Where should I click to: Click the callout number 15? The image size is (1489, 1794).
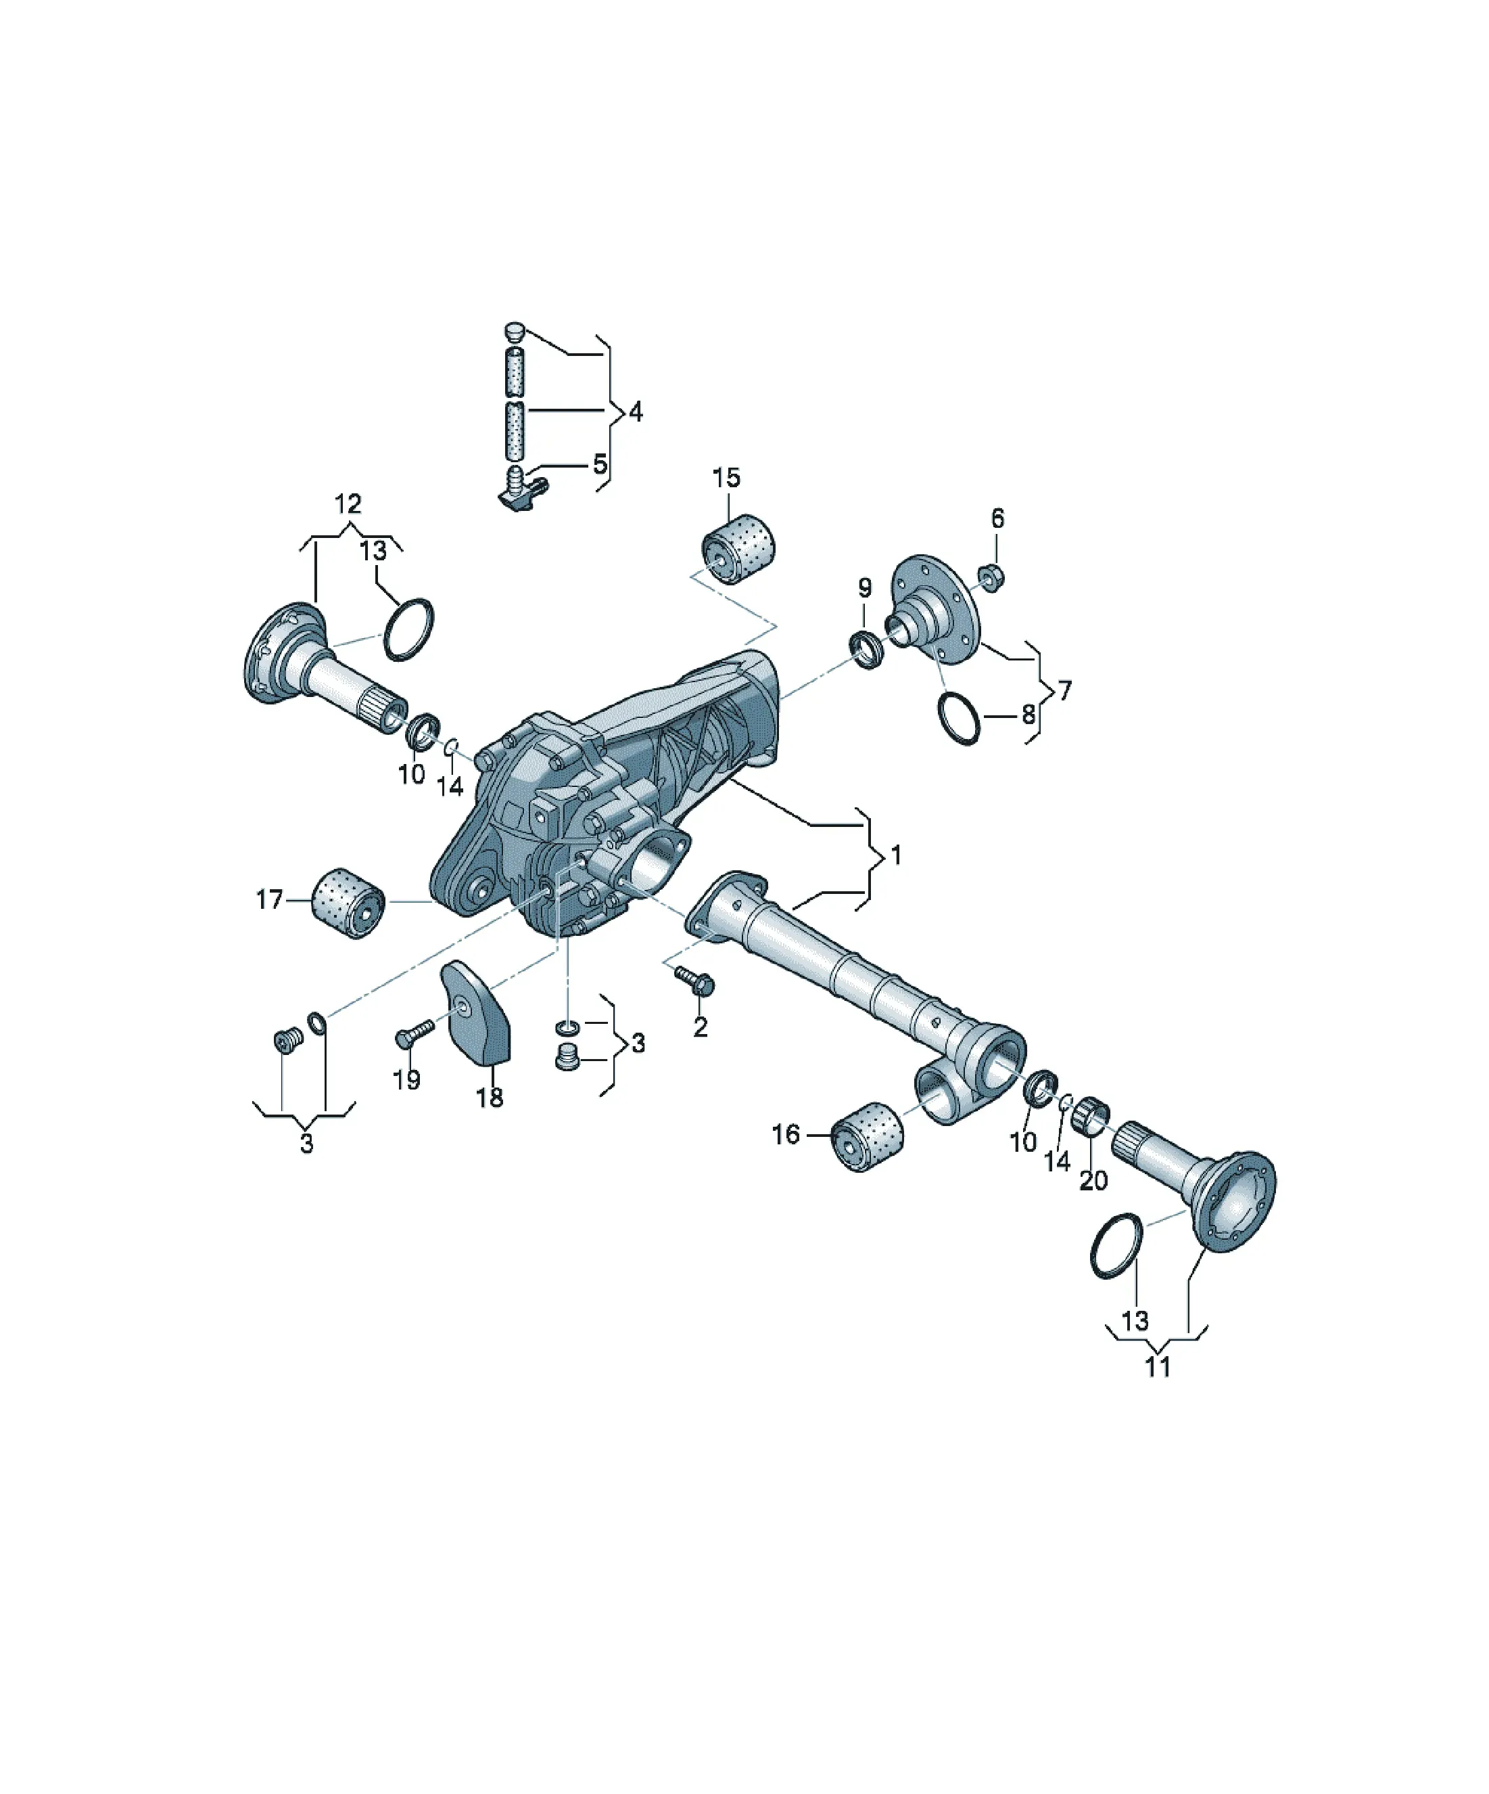tap(726, 478)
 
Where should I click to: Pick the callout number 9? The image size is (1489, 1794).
tap(864, 588)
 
